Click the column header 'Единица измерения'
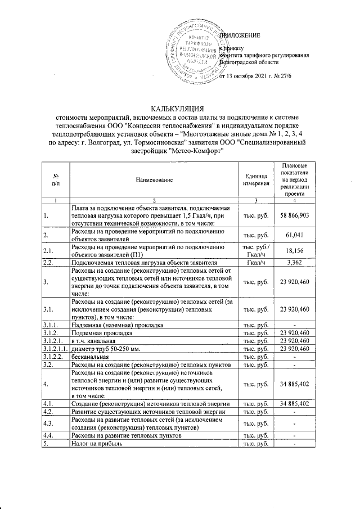256,179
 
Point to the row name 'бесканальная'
89,357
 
